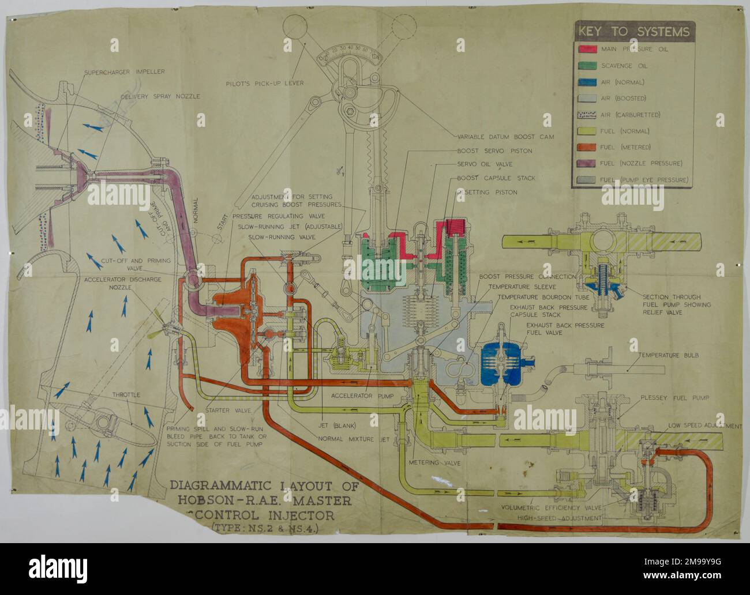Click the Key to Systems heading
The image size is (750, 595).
tap(633, 32)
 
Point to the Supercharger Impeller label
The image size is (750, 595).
tap(124, 72)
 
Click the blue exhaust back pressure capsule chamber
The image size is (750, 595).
tap(501, 363)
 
